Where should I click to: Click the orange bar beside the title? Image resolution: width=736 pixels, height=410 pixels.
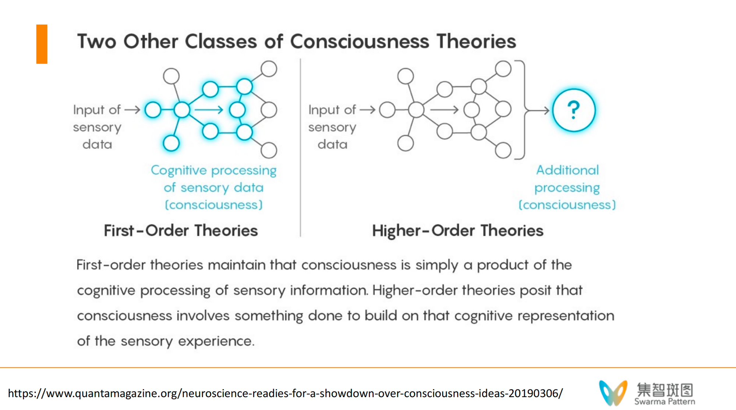click(42, 44)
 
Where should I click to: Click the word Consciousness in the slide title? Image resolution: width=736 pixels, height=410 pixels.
click(360, 41)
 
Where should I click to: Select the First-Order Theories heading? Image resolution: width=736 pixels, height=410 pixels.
click(181, 231)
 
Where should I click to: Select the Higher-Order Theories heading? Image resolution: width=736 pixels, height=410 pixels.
click(457, 231)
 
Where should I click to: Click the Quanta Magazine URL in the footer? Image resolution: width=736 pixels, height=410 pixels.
click(285, 393)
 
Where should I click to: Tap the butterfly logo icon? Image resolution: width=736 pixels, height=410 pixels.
click(613, 392)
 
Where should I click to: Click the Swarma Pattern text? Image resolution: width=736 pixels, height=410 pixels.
click(665, 402)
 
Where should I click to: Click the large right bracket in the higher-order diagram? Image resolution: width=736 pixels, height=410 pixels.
click(523, 110)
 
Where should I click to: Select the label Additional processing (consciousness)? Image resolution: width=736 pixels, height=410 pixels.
click(567, 188)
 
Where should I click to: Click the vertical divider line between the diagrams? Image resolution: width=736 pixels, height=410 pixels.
click(300, 147)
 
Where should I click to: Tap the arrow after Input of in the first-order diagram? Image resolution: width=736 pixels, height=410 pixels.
click(132, 110)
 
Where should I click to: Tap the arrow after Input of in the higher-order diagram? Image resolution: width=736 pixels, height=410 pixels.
click(367, 110)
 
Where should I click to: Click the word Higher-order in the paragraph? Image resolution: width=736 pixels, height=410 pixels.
click(415, 290)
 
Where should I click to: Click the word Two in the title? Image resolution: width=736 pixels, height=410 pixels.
click(97, 41)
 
